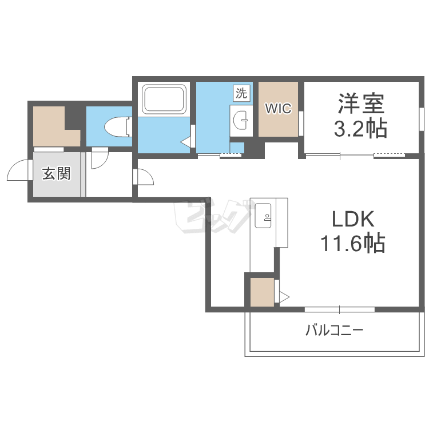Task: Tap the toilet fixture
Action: [118, 126]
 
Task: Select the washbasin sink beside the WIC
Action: [241, 120]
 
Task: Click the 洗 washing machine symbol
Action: [241, 93]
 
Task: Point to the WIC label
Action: [278, 108]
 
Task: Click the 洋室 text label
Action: [361, 104]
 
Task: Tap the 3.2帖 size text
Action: [360, 128]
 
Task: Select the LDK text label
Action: [353, 219]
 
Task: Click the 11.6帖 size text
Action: [353, 243]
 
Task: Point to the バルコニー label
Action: [335, 330]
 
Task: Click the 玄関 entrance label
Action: [57, 174]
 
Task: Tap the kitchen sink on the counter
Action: [263, 216]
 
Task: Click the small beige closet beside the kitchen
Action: [262, 292]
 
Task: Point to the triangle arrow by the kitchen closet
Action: [284, 296]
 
